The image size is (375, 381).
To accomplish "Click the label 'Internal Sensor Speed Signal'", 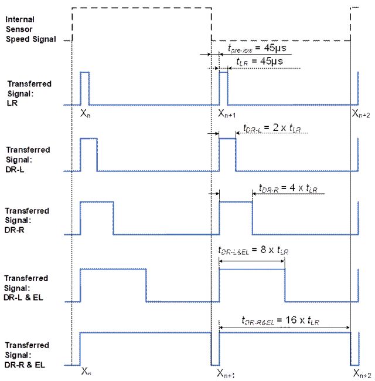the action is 30,29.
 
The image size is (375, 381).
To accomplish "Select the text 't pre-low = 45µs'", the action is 257,48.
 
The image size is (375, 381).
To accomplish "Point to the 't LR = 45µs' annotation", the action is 260,61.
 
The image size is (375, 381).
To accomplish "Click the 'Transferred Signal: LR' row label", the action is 29,93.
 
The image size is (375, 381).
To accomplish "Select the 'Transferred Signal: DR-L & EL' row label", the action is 26,288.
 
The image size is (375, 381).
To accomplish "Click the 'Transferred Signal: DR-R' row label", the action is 27,220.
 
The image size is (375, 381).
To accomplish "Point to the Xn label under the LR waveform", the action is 86,113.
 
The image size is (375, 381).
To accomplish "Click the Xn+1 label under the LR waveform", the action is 227,113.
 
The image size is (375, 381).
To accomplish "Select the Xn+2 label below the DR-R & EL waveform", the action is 362,373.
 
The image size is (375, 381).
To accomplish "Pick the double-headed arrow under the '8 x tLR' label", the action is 251,261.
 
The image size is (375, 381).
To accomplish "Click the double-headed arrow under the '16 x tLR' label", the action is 284,328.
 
